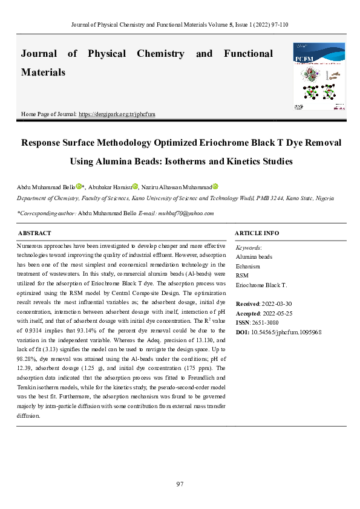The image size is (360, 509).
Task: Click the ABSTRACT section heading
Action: (x=34, y=233)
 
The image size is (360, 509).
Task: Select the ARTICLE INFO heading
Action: (x=257, y=233)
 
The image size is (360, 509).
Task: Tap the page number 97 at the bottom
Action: (x=180, y=484)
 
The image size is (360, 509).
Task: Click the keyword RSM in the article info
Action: (x=241, y=275)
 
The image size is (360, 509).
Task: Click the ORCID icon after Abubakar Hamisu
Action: (x=136, y=187)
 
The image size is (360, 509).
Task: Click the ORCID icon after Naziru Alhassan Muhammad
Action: (x=215, y=187)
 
